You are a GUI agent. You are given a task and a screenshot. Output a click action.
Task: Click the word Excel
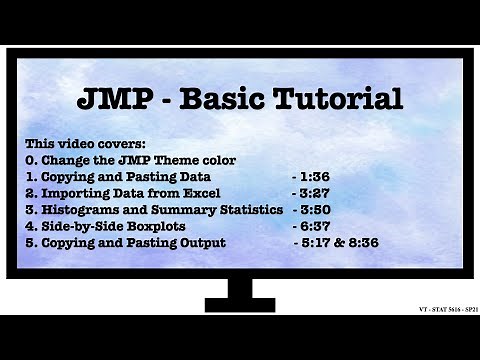click(x=212, y=192)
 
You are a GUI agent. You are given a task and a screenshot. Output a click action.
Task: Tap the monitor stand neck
click(x=239, y=289)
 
